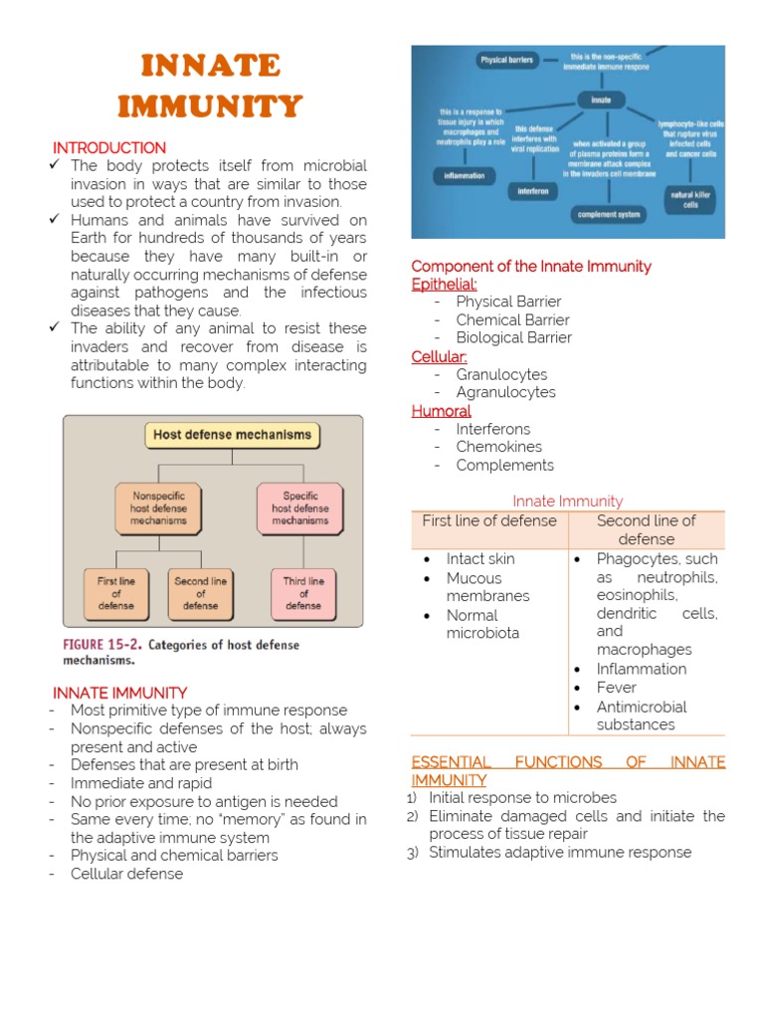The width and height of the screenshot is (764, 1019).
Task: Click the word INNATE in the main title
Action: tap(210, 67)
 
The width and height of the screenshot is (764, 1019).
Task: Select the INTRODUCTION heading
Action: tap(109, 147)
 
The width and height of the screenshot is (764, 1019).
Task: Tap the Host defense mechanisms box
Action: tap(232, 435)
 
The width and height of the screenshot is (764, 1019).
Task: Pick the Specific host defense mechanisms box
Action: tap(299, 508)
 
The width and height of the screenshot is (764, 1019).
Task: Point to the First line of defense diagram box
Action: tap(115, 593)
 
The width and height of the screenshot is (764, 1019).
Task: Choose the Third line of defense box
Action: tap(302, 593)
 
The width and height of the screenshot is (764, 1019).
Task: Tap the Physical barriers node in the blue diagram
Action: tap(506, 61)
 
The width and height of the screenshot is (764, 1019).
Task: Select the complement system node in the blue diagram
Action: tap(608, 214)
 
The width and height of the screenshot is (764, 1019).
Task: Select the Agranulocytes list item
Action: tap(505, 392)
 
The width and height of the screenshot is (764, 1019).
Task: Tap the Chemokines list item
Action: tap(498, 447)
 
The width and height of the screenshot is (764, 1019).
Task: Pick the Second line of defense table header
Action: tap(646, 529)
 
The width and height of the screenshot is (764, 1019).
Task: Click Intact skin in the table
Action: tap(479, 559)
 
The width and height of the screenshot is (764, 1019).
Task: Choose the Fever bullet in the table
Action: tap(616, 688)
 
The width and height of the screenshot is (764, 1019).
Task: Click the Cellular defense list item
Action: tap(126, 874)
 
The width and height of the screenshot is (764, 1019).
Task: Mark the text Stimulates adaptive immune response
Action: tap(559, 852)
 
